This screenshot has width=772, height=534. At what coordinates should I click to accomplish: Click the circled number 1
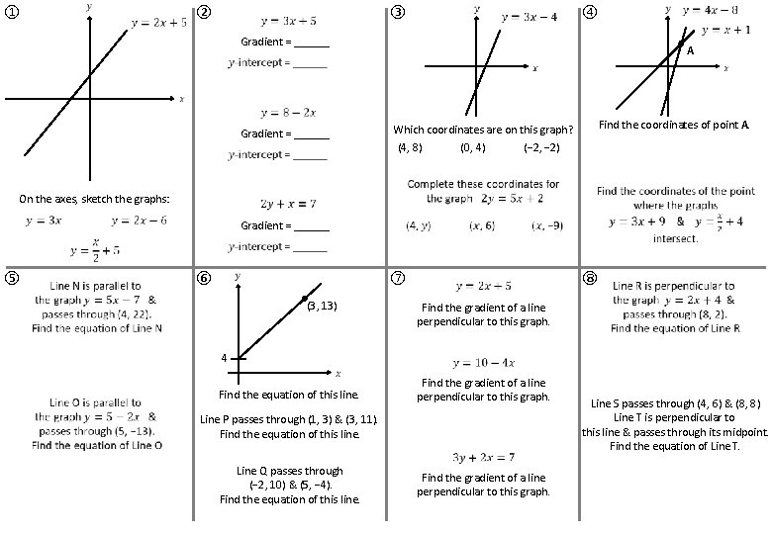[x=11, y=13]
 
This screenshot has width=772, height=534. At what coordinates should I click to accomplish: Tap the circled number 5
[x=11, y=278]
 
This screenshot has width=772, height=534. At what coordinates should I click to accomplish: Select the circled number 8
[x=591, y=278]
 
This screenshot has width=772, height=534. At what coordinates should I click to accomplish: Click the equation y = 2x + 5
[x=158, y=24]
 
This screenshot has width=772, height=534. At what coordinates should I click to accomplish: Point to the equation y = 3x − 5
[x=288, y=20]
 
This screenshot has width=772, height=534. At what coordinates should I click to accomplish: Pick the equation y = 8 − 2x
[x=288, y=112]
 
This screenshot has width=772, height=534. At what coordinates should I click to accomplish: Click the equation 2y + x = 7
[x=288, y=204]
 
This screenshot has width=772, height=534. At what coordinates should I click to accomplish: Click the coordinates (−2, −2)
[x=542, y=148]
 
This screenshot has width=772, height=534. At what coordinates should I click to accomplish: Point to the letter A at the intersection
[x=691, y=50]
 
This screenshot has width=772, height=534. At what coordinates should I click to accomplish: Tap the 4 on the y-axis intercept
[x=224, y=357]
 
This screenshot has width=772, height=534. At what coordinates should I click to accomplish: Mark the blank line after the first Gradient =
[x=312, y=43]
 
